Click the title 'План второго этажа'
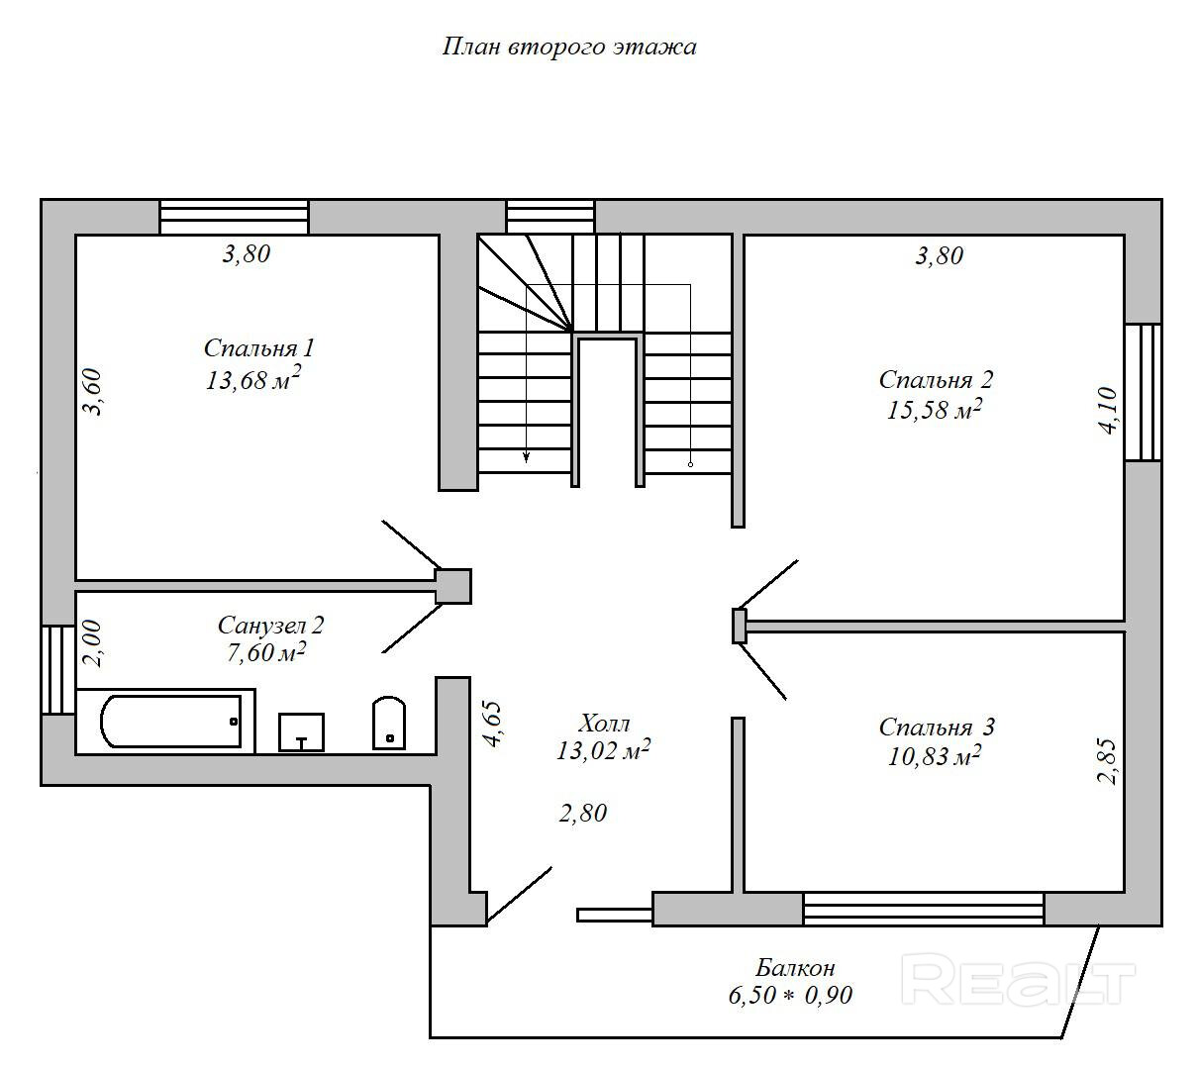[568, 48]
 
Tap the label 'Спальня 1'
[258, 348]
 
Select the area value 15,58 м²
[934, 410]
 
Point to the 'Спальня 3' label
[937, 728]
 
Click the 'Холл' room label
[604, 723]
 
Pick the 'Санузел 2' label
[270, 626]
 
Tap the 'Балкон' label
[795, 967]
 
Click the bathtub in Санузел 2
[170, 722]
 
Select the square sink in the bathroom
[301, 732]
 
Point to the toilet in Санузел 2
[388, 725]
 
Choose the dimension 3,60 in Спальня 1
[91, 391]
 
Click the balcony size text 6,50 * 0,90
[790, 996]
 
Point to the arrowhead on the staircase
[526, 456]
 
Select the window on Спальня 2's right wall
[1143, 392]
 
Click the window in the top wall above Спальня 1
[234, 217]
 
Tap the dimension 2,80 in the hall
[582, 814]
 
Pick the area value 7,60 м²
[265, 652]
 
